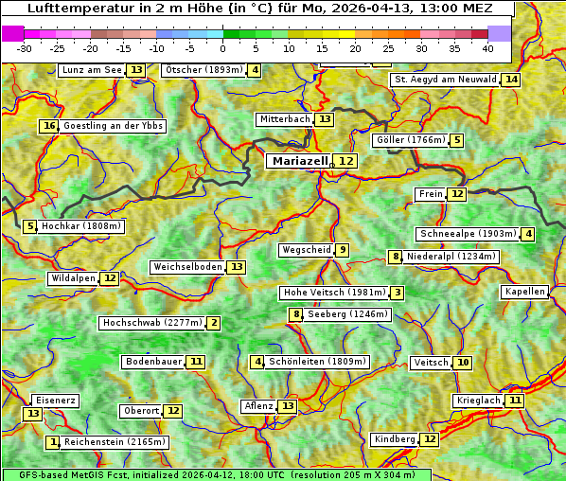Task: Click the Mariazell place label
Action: pyautogui.click(x=300, y=161)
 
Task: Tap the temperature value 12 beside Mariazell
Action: pyautogui.click(x=346, y=162)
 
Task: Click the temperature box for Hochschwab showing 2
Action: pyautogui.click(x=214, y=323)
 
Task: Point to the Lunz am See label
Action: pyautogui.click(x=92, y=70)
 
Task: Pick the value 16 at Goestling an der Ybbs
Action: pyautogui.click(x=49, y=126)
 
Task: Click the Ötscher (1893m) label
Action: pyautogui.click(x=203, y=70)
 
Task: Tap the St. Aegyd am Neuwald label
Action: pyautogui.click(x=445, y=80)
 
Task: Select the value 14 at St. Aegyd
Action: pyautogui.click(x=511, y=80)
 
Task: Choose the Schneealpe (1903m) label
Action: pyautogui.click(x=468, y=234)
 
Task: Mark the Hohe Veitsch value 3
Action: pyautogui.click(x=398, y=293)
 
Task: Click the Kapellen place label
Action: pyautogui.click(x=524, y=292)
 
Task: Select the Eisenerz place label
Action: pyautogui.click(x=54, y=401)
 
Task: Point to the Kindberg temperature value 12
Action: pyautogui.click(x=430, y=439)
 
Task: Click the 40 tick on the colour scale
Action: pyautogui.click(x=487, y=48)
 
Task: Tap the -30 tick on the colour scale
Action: pyautogui.click(x=25, y=48)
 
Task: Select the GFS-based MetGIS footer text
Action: pyautogui.click(x=216, y=474)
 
